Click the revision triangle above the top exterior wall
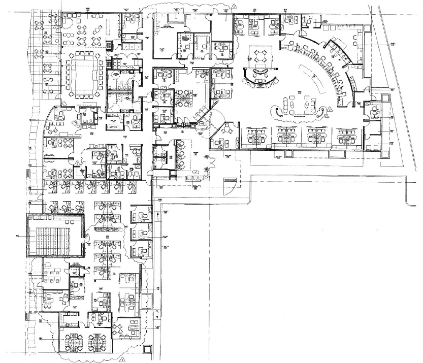pos(234,5)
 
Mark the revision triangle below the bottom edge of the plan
pos(123,359)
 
